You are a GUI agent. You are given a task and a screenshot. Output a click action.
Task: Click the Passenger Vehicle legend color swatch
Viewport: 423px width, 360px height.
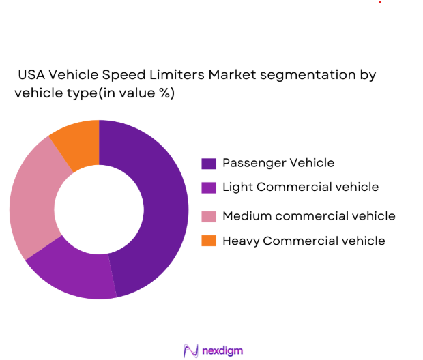[x=209, y=163]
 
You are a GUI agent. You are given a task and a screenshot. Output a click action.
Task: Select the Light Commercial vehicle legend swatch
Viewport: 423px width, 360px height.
[x=209, y=187]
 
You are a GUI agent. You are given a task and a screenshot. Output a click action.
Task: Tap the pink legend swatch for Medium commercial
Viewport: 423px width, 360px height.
[x=209, y=216]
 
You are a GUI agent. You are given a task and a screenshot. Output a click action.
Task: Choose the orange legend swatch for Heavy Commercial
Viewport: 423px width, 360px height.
[x=209, y=241]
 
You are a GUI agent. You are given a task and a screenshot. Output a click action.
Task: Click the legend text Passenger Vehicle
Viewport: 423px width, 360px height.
[x=278, y=163]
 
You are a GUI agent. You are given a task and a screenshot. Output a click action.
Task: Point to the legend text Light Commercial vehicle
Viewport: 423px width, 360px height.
[x=300, y=187]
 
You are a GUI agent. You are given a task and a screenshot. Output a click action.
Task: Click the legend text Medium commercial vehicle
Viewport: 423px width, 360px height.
[x=308, y=216]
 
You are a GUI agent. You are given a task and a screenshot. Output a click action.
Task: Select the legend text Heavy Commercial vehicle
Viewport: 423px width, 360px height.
[x=304, y=241]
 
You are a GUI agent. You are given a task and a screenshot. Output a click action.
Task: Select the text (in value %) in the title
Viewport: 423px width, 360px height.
[x=137, y=93]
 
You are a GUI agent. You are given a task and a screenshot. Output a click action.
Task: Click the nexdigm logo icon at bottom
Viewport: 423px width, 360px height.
[x=190, y=350]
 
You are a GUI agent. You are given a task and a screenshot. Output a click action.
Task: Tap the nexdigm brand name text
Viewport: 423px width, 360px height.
[x=222, y=350]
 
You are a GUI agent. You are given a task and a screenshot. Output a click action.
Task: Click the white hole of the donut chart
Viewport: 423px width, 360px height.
[x=99, y=209]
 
